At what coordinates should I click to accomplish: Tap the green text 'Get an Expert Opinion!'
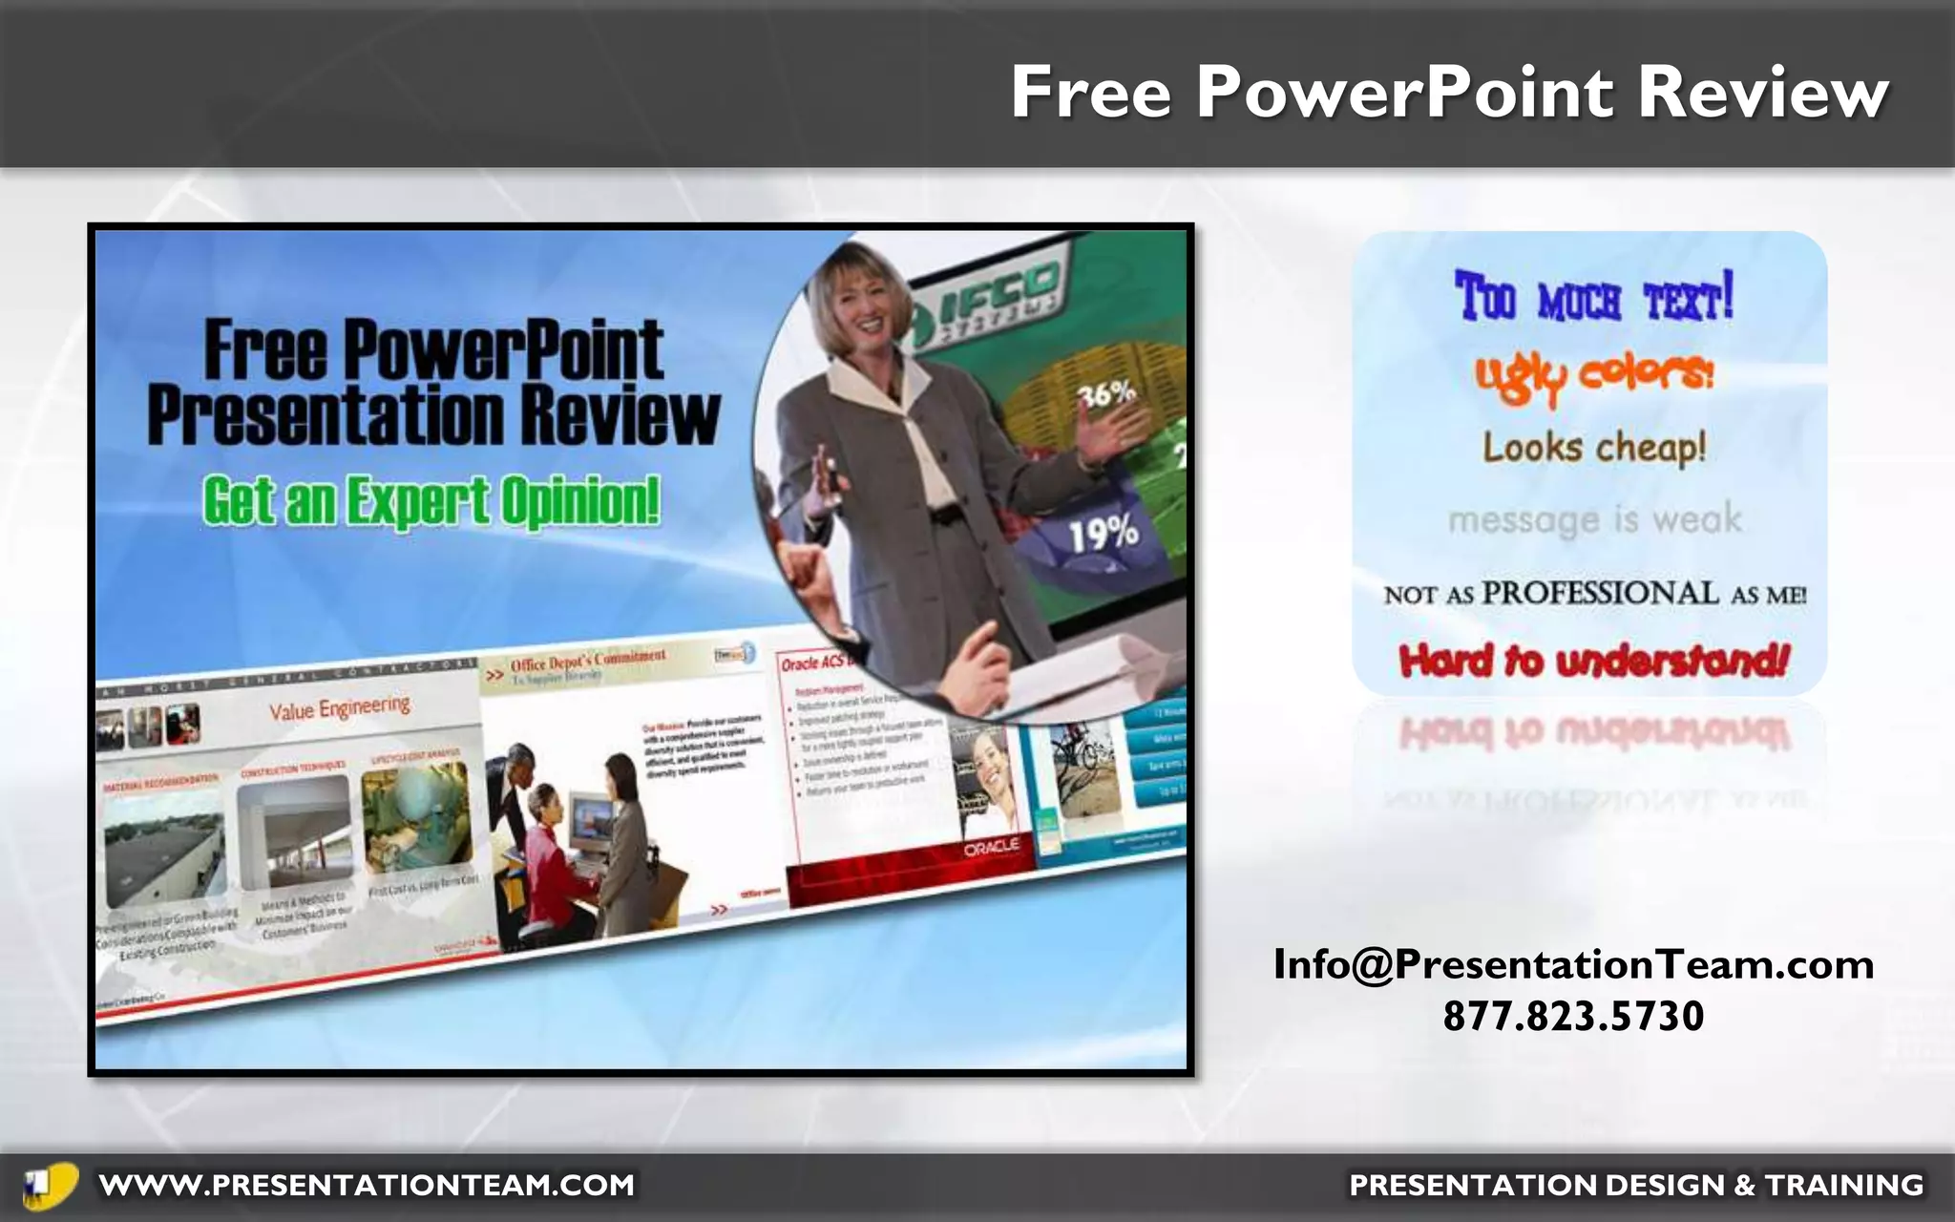[x=431, y=501]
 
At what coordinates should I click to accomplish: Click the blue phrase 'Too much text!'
[x=1593, y=297]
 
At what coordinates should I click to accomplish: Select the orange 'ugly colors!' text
[x=1593, y=375]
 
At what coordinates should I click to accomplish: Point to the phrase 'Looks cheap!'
[x=1593, y=447]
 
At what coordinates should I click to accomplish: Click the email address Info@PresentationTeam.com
[x=1573, y=964]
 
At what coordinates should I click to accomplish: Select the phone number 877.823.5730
[x=1573, y=1016]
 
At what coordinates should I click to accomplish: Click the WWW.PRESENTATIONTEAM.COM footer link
[x=367, y=1185]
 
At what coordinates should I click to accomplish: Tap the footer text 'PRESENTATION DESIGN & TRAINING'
[x=1635, y=1185]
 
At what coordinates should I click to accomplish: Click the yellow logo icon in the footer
[x=50, y=1185]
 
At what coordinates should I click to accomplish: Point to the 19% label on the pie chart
[x=1103, y=533]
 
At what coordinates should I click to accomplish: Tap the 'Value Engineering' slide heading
[x=339, y=707]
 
